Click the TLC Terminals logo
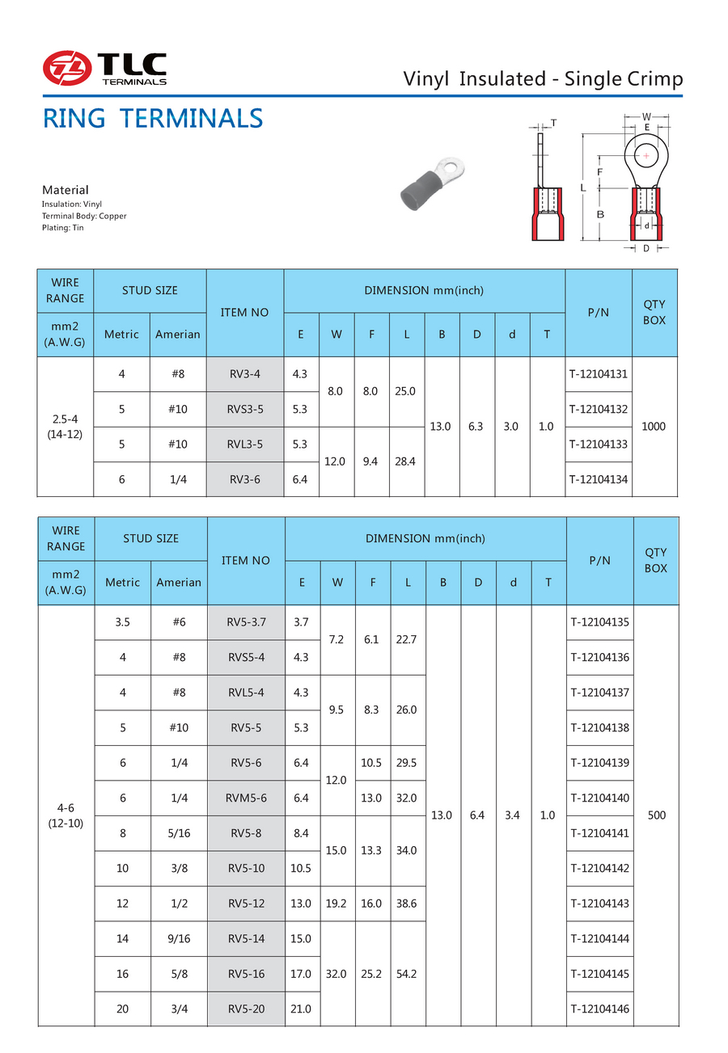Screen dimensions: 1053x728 pos(105,68)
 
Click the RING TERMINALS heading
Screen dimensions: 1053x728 pos(152,119)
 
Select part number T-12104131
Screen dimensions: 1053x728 pos(599,374)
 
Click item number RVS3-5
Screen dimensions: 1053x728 pos(245,409)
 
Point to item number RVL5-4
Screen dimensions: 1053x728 pos(246,693)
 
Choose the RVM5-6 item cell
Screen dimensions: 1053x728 pos(246,798)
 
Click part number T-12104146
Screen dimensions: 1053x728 pos(599,1008)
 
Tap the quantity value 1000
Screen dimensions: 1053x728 pos(653,426)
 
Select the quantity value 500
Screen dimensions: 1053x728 pos(656,815)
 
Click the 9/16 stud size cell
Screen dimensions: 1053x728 pos(179,938)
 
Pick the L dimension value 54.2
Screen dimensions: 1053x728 pos(408,974)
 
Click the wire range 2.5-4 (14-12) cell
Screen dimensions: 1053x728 pos(66,426)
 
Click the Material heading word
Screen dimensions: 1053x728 pos(66,190)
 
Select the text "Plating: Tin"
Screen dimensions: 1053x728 pos(63,228)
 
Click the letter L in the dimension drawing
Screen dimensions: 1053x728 pos(582,187)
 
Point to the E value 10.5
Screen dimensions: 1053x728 pos(301,868)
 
